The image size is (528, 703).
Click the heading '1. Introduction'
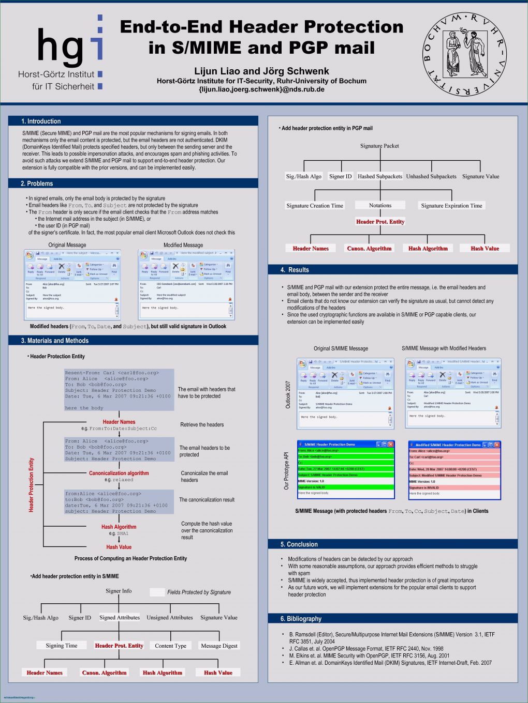(x=41, y=121)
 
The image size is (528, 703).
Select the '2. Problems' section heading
(x=37, y=184)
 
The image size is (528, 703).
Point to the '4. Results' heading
(x=295, y=270)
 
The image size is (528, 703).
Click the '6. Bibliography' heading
(x=301, y=619)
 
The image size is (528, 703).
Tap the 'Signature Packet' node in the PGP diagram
(x=379, y=146)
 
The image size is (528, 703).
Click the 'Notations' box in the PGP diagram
(x=380, y=205)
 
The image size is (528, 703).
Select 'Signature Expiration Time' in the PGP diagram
(x=451, y=206)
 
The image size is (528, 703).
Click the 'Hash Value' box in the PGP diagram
(x=485, y=249)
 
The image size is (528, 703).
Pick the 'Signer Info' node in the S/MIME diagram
(x=119, y=591)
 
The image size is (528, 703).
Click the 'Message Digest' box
(x=219, y=646)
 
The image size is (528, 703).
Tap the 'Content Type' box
(x=171, y=646)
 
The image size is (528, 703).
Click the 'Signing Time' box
(x=62, y=646)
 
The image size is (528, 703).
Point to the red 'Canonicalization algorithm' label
(x=119, y=473)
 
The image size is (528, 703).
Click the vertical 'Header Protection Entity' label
(x=31, y=485)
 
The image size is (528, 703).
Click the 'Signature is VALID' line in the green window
(x=312, y=487)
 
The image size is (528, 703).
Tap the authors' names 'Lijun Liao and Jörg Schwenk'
(x=261, y=71)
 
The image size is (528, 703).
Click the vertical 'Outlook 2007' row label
(x=288, y=394)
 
